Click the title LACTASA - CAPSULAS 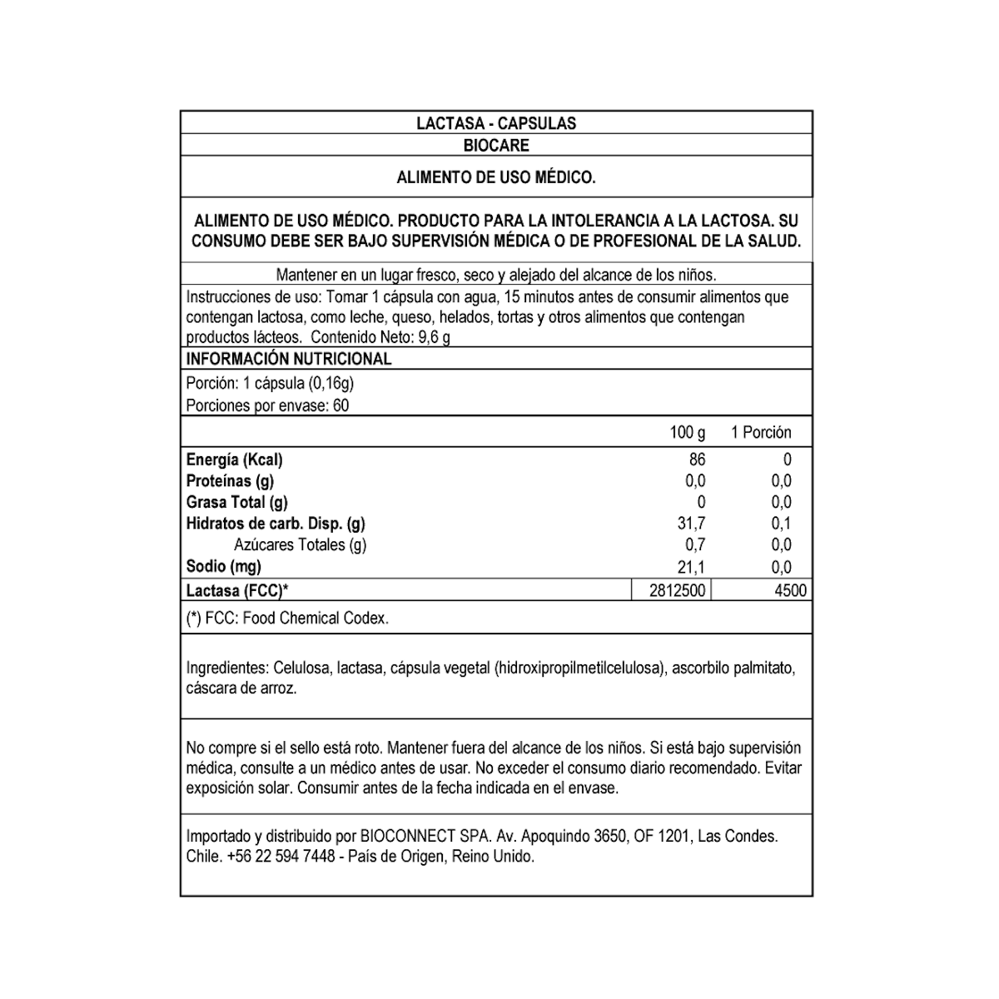(x=496, y=123)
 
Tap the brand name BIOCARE (x=496, y=145)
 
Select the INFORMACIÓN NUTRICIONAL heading (x=288, y=359)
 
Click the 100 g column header (x=687, y=432)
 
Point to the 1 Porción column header (x=761, y=432)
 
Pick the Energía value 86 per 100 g (x=697, y=460)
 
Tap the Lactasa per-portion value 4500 (x=790, y=590)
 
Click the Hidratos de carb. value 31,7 (x=693, y=524)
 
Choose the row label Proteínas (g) (x=230, y=481)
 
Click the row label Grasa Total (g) (x=236, y=502)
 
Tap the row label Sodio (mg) (x=223, y=566)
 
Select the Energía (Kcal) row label (x=235, y=460)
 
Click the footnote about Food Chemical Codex (x=287, y=618)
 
